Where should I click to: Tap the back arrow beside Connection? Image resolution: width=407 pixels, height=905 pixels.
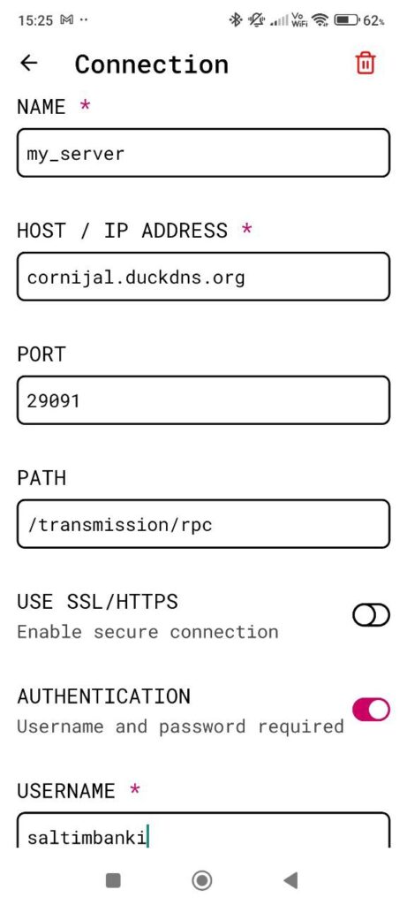[29, 63]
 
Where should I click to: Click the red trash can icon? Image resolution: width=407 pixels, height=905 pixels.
[365, 63]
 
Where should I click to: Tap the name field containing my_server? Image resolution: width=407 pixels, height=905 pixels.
[203, 153]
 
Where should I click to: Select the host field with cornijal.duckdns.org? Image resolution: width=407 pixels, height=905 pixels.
[203, 277]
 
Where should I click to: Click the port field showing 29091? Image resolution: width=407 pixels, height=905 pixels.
[203, 400]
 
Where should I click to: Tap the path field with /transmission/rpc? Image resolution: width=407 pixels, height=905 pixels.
[203, 523]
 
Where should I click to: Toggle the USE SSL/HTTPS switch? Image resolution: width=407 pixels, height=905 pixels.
[372, 616]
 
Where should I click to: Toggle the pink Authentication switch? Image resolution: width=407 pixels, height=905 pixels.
[372, 710]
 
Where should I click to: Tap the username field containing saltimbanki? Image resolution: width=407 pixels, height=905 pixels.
[203, 830]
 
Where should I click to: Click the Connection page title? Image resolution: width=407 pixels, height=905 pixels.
[152, 64]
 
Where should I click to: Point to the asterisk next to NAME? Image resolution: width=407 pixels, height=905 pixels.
[86, 106]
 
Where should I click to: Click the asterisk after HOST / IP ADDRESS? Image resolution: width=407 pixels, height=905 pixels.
[246, 229]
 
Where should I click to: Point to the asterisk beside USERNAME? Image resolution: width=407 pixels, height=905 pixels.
[135, 789]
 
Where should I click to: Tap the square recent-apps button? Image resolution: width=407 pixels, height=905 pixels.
[114, 880]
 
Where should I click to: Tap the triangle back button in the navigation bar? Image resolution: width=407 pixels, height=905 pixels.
[291, 880]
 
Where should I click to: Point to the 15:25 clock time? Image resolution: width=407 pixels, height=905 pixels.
[35, 21]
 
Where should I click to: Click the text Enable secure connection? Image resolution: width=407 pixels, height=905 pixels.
[147, 632]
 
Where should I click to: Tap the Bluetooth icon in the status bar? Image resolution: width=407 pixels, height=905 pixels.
[235, 20]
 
